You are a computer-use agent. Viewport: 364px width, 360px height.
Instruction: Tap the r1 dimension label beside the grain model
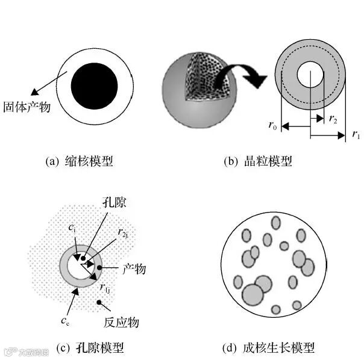point(356,134)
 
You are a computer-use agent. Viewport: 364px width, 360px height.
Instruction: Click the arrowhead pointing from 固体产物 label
point(34,92)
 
